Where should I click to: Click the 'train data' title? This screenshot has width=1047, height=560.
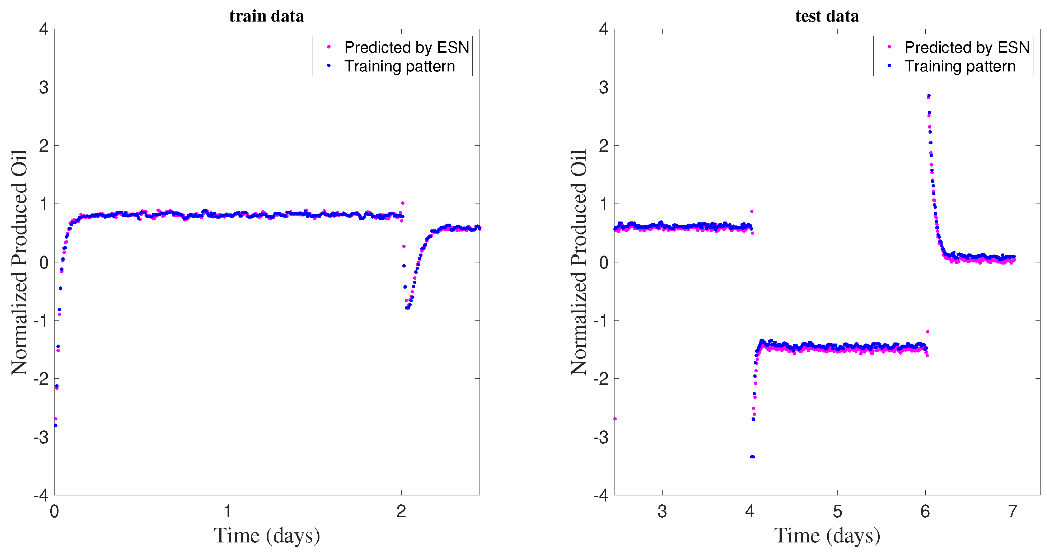267,16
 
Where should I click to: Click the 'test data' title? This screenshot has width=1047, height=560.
827,16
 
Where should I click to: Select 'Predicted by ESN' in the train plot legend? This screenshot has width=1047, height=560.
406,47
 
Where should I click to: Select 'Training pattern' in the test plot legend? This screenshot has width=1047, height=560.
960,66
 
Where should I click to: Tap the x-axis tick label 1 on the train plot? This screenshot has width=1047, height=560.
228,511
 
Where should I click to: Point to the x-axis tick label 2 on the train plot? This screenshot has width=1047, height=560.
401,511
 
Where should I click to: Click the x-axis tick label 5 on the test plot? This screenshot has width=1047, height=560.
837,511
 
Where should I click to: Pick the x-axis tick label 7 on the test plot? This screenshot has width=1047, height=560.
1013,511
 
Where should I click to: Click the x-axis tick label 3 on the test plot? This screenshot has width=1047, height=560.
662,511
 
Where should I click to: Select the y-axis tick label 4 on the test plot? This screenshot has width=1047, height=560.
604,29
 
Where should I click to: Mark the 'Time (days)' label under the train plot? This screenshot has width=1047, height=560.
267,535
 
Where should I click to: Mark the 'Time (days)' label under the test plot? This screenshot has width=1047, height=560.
827,535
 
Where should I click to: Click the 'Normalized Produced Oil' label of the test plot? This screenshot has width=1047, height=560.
579,262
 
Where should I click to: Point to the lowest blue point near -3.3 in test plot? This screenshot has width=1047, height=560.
752,457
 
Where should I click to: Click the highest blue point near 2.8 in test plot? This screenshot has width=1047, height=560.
929,95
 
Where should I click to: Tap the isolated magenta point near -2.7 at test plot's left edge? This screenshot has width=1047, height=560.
615,419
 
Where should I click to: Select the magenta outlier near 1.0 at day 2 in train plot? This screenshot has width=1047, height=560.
403,203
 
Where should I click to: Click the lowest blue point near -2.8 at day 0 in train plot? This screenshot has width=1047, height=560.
56,425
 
